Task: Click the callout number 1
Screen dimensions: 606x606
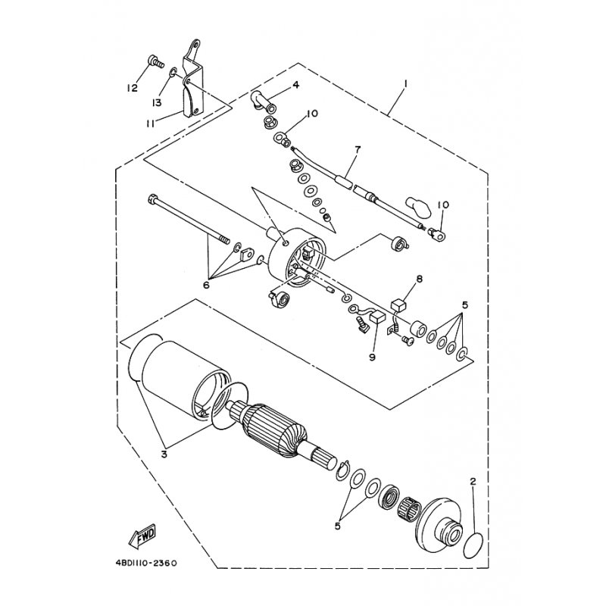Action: (406, 83)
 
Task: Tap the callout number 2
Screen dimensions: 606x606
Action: (473, 481)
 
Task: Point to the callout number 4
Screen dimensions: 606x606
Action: (296, 85)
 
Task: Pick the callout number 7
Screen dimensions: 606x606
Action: (358, 150)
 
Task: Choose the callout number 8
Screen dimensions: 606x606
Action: (419, 280)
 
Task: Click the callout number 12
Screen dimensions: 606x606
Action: (133, 88)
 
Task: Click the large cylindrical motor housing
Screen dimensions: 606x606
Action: (182, 379)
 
